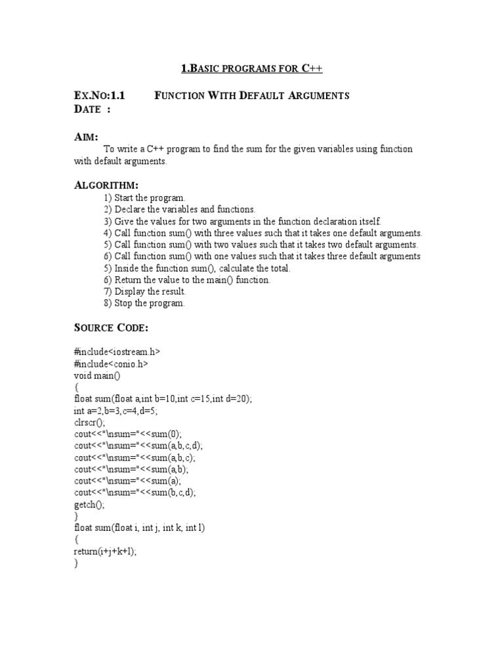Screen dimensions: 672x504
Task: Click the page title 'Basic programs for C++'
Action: coord(251,69)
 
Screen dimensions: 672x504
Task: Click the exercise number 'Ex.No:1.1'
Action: coord(99,96)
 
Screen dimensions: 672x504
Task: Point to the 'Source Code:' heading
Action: coord(112,327)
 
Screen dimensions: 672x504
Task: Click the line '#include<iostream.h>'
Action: coord(117,352)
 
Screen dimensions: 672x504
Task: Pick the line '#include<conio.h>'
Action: coord(111,364)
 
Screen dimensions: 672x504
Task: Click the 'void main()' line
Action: coord(98,375)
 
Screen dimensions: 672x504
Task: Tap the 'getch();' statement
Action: coord(89,505)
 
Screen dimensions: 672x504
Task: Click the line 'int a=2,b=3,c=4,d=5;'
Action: coord(116,411)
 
